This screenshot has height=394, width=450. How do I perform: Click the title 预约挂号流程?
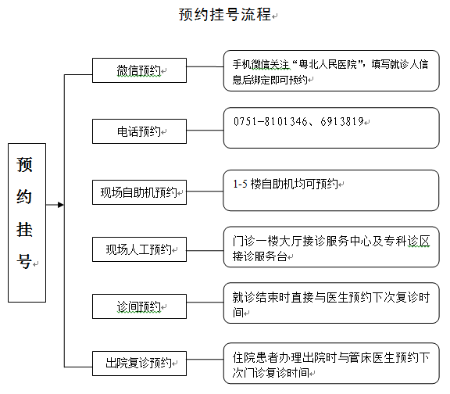pos(225,14)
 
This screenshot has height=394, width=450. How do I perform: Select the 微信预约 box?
pos(139,70)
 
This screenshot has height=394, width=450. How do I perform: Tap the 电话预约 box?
pos(139,131)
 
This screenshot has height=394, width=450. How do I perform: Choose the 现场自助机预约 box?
pos(139,192)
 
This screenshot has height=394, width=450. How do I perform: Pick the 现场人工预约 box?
pos(139,249)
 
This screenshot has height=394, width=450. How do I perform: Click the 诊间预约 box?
pos(139,306)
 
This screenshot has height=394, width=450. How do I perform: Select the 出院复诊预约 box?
pos(139,364)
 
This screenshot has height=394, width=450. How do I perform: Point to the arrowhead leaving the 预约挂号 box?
pos(61,205)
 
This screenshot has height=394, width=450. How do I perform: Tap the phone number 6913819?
pos(342,121)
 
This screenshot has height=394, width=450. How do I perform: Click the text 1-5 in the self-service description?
pos(240,184)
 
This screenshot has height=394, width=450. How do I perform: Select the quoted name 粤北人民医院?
pos(328,64)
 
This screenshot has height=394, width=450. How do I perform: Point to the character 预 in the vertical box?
pos(24,164)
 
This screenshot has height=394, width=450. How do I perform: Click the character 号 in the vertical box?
pos(24,261)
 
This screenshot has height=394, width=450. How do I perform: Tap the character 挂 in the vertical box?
pos(24,230)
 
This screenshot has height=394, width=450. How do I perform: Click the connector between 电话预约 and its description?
pos(205,130)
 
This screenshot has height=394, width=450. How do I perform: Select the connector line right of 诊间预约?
pos(205,303)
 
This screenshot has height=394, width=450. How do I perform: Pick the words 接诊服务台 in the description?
pos(259,256)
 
